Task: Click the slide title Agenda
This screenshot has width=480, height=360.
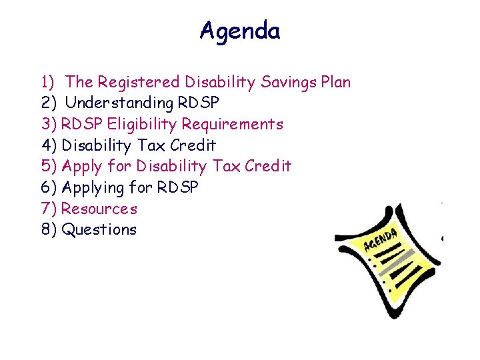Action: (x=240, y=31)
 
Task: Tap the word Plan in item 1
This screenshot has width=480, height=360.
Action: (x=335, y=82)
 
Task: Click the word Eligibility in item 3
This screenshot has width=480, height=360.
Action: (x=143, y=124)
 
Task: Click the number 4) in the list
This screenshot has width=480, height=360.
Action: (x=49, y=145)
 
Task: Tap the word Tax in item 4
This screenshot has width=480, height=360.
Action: (x=151, y=145)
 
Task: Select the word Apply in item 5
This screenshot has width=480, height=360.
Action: (x=81, y=166)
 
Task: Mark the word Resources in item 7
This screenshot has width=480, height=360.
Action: (x=99, y=209)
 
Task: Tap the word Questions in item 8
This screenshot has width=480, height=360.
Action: (x=99, y=230)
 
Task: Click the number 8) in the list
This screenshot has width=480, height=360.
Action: (x=49, y=230)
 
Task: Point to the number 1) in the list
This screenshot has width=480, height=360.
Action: (x=48, y=82)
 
